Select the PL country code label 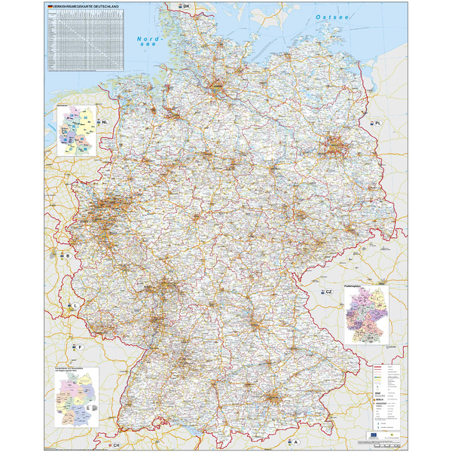point(379,122)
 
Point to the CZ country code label point(328,292)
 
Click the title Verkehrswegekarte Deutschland point(80,5)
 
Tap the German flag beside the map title point(49,5)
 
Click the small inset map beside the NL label point(77,130)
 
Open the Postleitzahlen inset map point(365,314)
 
